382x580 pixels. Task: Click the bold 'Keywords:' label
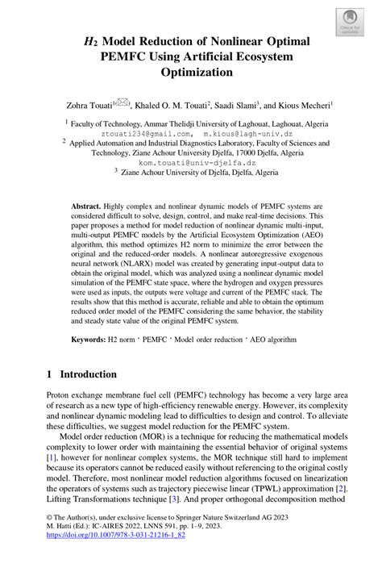(x=87, y=341)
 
